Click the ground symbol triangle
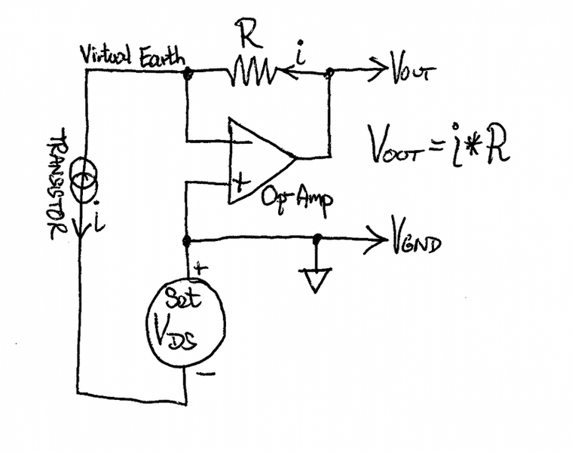[317, 280]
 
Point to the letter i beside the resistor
[301, 54]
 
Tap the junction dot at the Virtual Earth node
[187, 73]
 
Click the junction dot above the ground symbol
[317, 239]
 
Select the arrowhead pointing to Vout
[381, 73]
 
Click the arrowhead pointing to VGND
[381, 241]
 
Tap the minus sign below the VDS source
[209, 373]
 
